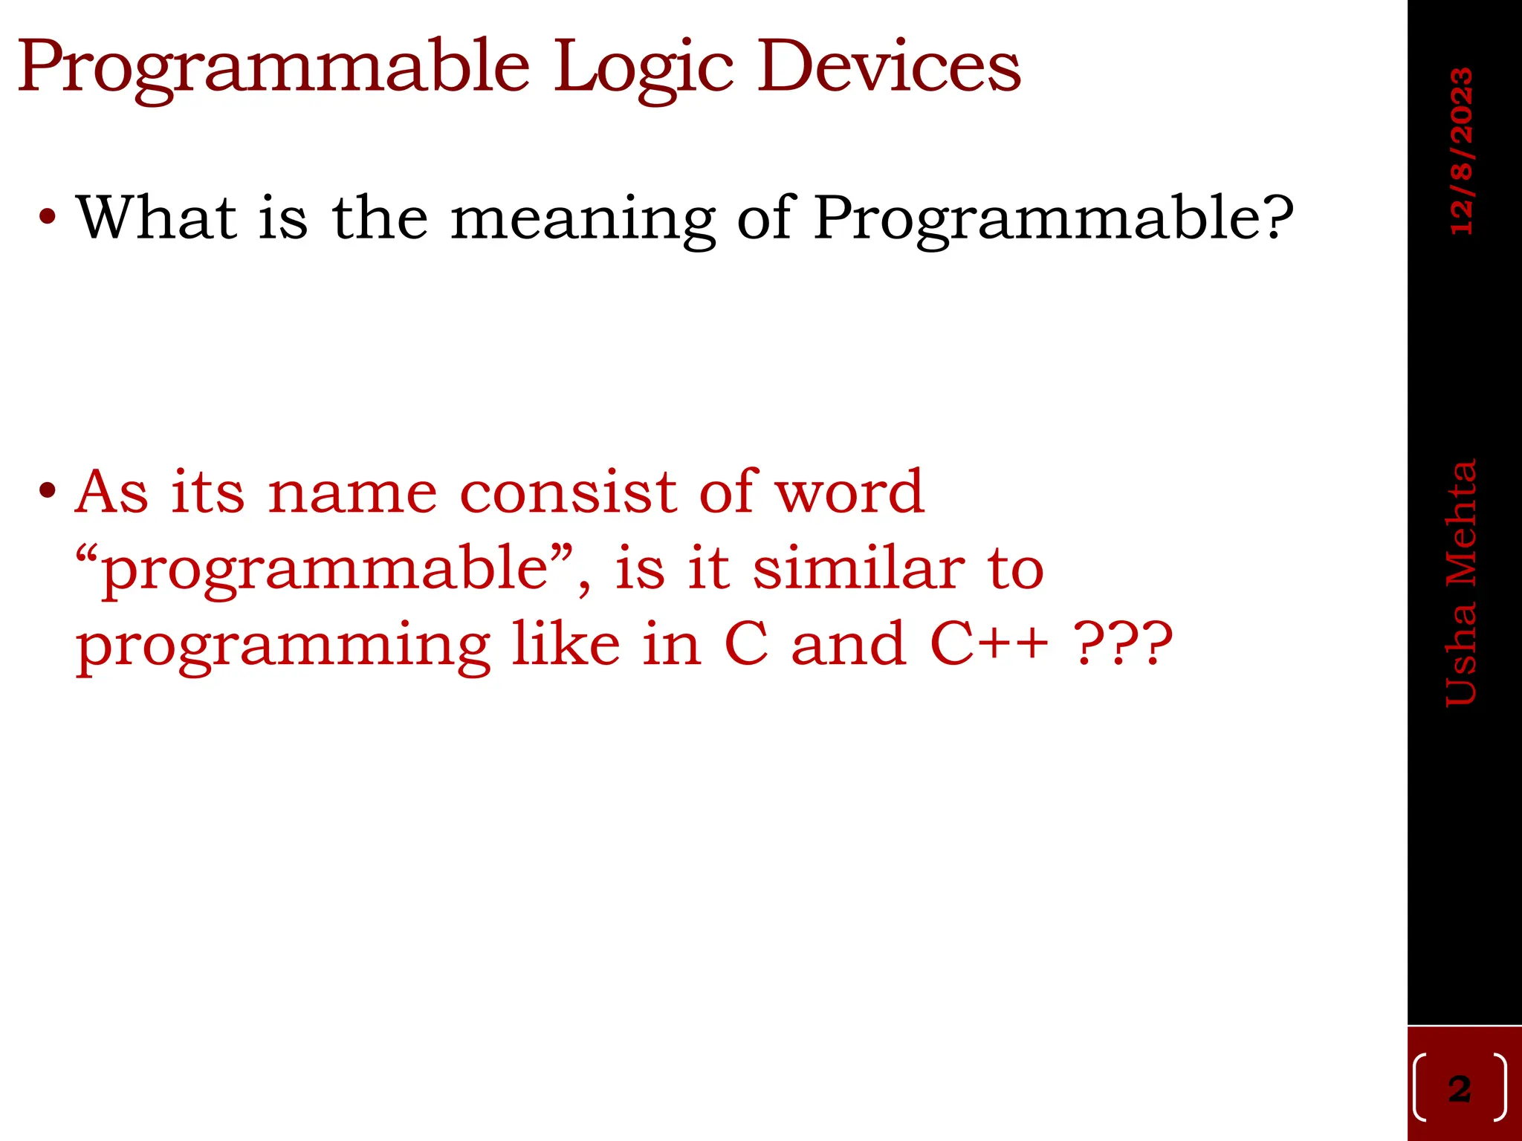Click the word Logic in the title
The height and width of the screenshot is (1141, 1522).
pos(644,68)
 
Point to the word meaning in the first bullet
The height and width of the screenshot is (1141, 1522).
pos(583,218)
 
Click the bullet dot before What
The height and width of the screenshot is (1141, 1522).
pos(48,218)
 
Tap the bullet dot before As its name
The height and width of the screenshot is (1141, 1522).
pos(48,492)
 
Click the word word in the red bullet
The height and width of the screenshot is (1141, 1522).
pos(849,492)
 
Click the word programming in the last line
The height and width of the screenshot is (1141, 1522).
pos(283,645)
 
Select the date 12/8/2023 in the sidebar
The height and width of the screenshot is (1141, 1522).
pos(1461,152)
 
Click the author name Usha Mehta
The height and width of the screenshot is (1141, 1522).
pos(1461,583)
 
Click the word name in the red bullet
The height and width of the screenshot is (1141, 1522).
pos(352,492)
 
